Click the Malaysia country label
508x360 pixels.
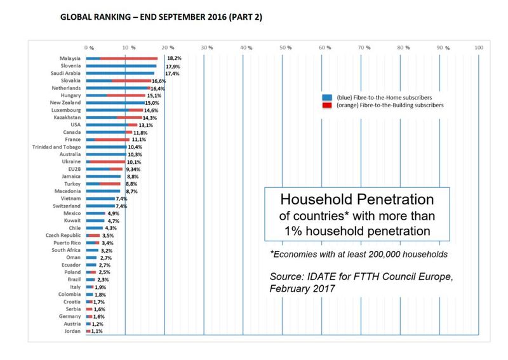click(x=69, y=58)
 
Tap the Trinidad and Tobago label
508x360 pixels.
click(x=56, y=147)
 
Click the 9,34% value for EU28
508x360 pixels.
click(x=134, y=169)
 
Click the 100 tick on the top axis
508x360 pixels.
click(x=479, y=48)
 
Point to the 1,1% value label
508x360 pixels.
click(x=97, y=331)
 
